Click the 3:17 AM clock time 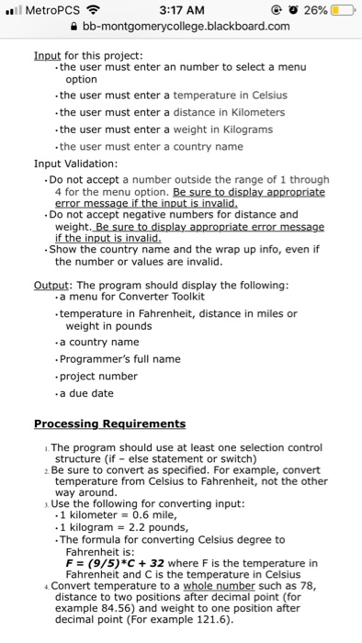tap(180, 10)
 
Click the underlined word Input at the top tap(46, 55)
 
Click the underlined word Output tap(53, 285)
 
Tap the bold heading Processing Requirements tap(109, 423)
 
